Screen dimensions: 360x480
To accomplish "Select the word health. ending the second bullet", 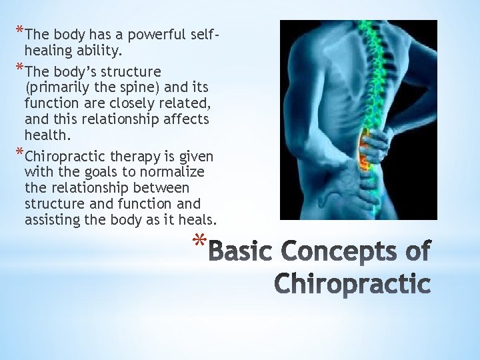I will point(47,135).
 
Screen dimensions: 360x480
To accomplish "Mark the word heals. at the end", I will point(197,220).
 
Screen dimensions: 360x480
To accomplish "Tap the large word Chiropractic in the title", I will point(353,283).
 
